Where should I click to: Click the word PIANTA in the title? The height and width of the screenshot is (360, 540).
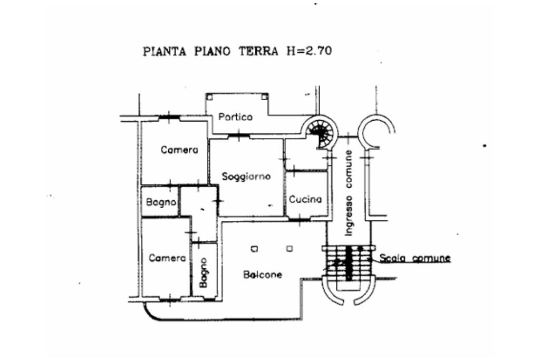click(165, 51)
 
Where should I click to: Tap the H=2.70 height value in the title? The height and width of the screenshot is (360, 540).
click(310, 51)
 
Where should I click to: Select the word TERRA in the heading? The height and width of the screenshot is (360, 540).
click(258, 51)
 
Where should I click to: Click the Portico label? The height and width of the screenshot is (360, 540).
click(236, 117)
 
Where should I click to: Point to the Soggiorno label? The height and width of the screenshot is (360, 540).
click(246, 177)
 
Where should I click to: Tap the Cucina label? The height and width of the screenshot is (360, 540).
click(305, 199)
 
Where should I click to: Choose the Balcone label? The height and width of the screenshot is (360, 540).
click(263, 275)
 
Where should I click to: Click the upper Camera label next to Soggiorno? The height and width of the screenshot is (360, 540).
click(179, 150)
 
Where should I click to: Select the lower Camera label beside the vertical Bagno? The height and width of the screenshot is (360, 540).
click(167, 258)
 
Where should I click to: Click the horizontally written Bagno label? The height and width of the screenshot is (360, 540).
click(161, 202)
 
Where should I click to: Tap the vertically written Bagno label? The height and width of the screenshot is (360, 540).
click(203, 273)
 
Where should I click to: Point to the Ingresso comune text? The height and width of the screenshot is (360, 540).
click(349, 193)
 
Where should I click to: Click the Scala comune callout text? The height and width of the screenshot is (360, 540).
click(415, 258)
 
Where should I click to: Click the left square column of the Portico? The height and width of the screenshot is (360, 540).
click(209, 97)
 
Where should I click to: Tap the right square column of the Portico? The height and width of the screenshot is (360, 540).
click(264, 96)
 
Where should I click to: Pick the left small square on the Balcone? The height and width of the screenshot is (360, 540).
click(254, 248)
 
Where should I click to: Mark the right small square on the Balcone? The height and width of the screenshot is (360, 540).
click(290, 248)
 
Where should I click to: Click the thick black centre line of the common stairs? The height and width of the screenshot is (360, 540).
click(349, 262)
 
